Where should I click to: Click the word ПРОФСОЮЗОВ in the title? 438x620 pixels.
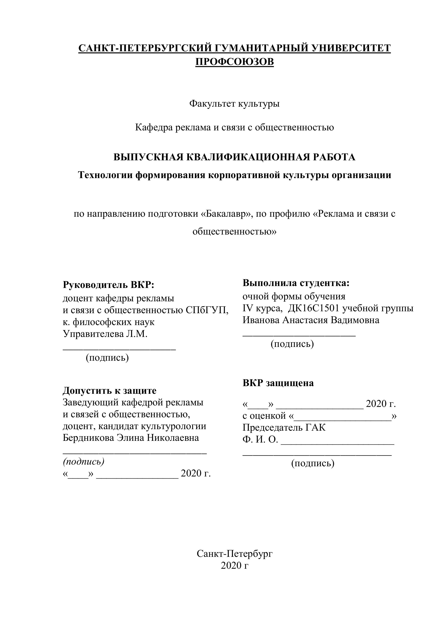coord(234,62)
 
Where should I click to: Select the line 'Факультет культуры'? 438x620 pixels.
coord(234,103)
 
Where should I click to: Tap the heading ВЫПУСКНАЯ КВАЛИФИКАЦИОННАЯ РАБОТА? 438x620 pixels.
coord(234,157)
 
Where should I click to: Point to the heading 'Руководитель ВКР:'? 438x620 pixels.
coord(108,285)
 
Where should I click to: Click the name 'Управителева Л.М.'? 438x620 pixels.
coord(105,334)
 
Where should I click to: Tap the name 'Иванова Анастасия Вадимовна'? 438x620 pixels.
coord(311,320)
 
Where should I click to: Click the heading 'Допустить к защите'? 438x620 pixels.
coord(109,391)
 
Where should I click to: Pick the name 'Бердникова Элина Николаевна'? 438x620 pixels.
coord(131,438)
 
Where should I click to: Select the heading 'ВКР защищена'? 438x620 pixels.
coord(278,383)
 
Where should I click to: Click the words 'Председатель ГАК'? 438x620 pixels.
coord(284,427)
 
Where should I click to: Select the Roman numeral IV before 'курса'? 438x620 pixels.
coord(247,308)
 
